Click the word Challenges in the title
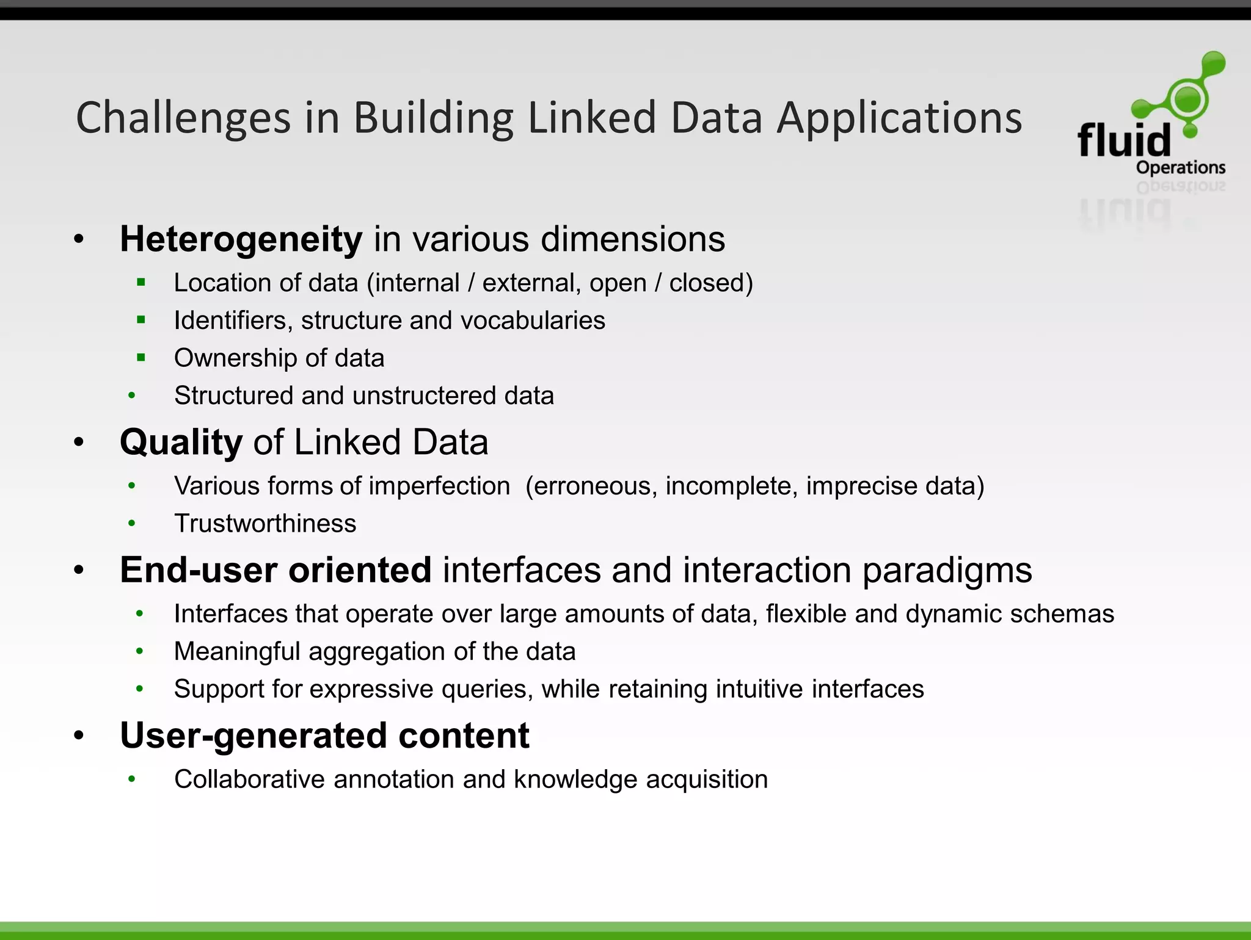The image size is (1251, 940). [183, 118]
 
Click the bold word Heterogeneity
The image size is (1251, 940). [241, 239]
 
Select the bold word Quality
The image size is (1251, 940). [181, 443]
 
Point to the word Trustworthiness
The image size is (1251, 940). [265, 524]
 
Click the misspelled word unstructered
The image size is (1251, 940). [425, 396]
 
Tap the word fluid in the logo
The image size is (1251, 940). [1124, 140]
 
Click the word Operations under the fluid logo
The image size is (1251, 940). [1180, 167]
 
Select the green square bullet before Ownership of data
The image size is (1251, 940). [141, 358]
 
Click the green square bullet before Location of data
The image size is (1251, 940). [141, 283]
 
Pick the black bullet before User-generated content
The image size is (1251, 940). [79, 736]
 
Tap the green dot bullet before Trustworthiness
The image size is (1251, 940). [131, 524]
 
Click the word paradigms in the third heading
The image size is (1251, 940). [947, 571]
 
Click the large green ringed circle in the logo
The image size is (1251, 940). [1187, 99]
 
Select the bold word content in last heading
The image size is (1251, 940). [464, 736]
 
